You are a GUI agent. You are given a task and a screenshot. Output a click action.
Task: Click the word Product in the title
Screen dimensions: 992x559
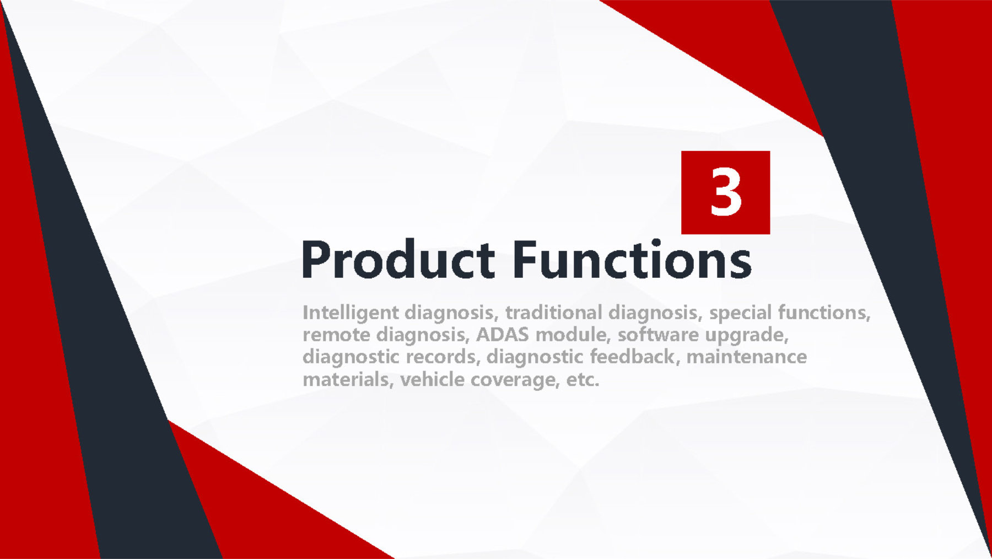pyautogui.click(x=397, y=259)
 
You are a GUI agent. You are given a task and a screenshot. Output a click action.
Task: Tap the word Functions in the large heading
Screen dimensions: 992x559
pyautogui.click(x=632, y=259)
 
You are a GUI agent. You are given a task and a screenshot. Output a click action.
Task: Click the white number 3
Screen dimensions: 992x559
pyautogui.click(x=725, y=192)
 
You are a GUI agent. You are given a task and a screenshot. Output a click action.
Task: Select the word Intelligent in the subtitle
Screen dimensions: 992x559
pyautogui.click(x=351, y=313)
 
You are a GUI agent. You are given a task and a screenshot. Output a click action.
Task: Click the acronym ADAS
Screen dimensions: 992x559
pyautogui.click(x=502, y=334)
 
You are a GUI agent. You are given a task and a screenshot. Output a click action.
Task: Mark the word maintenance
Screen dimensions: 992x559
pyautogui.click(x=747, y=357)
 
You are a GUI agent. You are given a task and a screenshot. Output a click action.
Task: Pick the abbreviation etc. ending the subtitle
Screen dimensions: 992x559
pyautogui.click(x=583, y=379)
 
